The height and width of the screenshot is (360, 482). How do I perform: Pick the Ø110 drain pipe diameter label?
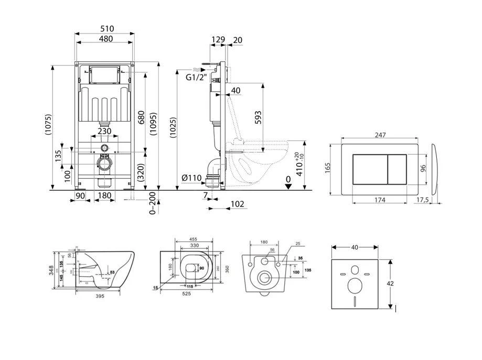coord(192,178)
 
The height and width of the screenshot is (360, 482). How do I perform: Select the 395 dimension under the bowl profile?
coord(100,296)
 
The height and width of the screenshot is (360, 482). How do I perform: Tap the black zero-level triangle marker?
coord(287,188)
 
